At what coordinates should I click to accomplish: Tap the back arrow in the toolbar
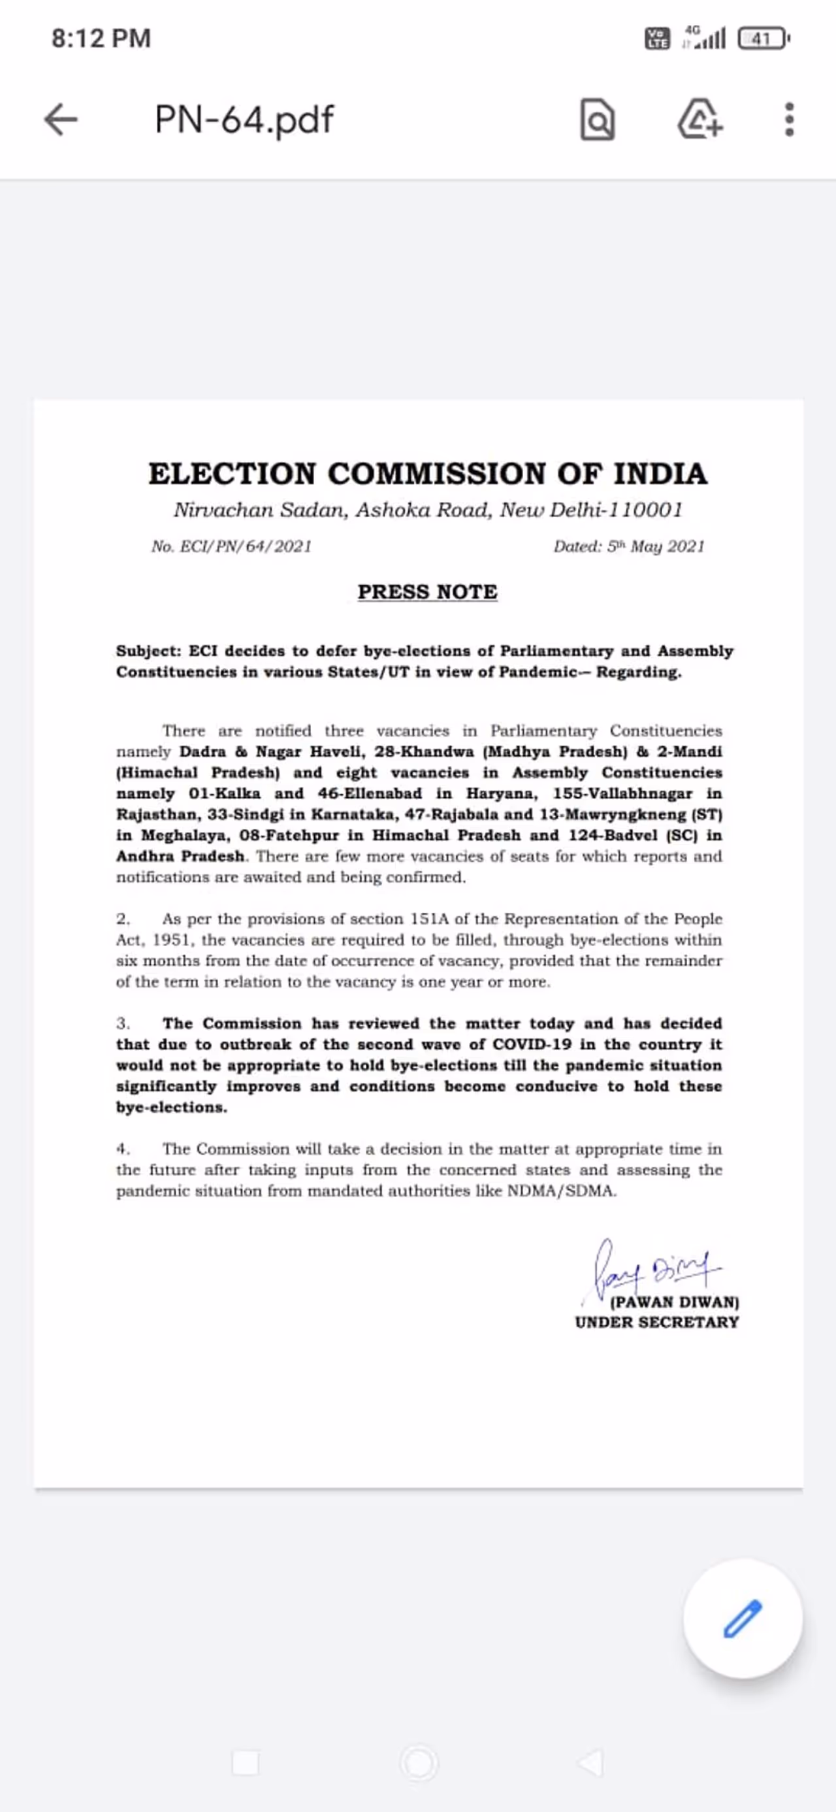[x=61, y=119]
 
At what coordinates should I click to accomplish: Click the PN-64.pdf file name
[x=244, y=120]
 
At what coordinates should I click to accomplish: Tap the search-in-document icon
[x=597, y=120]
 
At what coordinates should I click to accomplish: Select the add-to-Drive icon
[x=699, y=119]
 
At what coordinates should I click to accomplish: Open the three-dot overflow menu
[x=789, y=119]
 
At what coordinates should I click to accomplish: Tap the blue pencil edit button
[x=743, y=1619]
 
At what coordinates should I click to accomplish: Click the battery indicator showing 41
[x=762, y=39]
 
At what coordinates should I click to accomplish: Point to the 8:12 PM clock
[x=101, y=38]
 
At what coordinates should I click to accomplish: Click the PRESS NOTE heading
[x=428, y=591]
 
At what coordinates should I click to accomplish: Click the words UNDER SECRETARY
[x=656, y=1322]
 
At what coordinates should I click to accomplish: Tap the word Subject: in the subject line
[x=148, y=651]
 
